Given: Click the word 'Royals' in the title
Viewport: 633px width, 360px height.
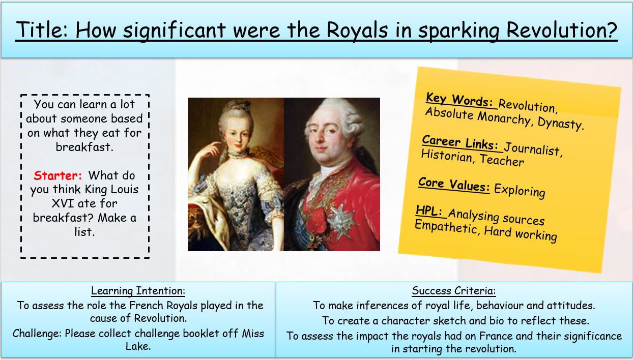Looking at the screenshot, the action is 357,30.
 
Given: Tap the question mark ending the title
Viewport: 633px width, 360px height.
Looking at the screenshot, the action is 611,29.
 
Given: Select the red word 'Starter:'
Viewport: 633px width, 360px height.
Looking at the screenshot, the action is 57,175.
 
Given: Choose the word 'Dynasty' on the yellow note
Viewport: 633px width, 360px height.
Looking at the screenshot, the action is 560,123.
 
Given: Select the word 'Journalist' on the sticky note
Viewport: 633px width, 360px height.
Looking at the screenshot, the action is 533,149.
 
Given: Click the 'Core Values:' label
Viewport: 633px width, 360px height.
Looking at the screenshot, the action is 454,185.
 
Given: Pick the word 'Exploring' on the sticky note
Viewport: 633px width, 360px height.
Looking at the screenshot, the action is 520,191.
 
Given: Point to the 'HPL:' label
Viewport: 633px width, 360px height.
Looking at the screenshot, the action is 429,211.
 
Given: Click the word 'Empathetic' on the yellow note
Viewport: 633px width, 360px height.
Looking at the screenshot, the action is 447,227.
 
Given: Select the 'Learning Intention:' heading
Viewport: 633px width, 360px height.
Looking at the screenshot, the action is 138,291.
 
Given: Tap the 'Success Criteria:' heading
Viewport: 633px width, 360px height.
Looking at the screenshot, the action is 454,291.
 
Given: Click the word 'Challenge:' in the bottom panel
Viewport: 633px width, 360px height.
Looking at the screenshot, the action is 37,334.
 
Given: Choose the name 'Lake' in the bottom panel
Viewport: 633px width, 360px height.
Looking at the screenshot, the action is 137,346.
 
